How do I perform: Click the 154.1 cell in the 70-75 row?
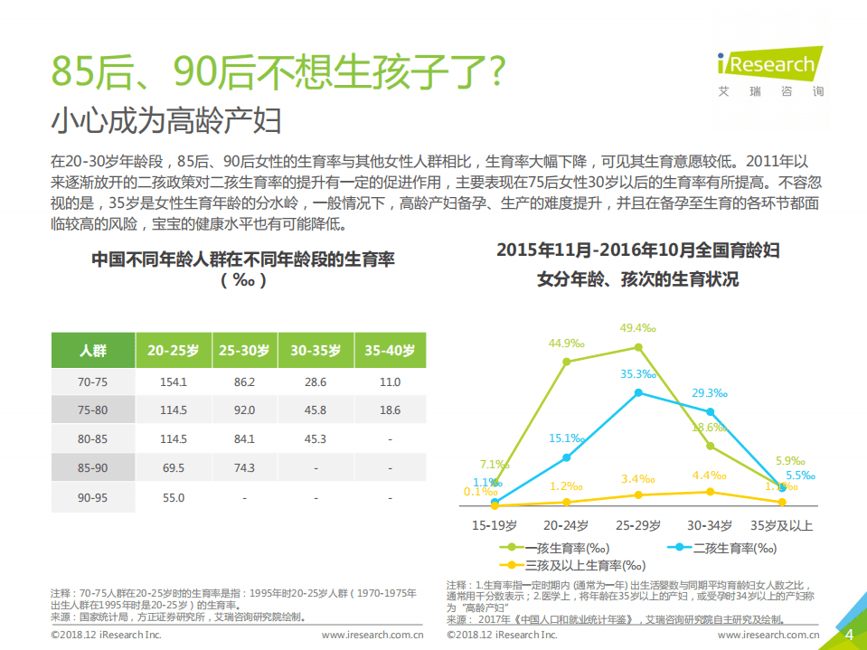(173, 382)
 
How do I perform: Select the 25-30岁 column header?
(244, 351)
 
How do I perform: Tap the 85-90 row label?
(92, 468)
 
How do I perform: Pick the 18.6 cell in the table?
(389, 410)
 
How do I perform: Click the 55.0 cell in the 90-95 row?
(173, 497)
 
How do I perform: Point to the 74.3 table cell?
(244, 468)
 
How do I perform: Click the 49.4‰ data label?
(637, 327)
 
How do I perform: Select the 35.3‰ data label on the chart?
(637, 373)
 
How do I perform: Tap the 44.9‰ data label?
(567, 343)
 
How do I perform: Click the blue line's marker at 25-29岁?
(638, 392)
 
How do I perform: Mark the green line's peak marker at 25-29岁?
(638, 347)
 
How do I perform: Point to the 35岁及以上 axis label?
(781, 525)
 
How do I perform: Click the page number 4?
(849, 635)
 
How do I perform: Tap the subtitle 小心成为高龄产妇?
(166, 120)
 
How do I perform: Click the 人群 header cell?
(92, 351)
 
